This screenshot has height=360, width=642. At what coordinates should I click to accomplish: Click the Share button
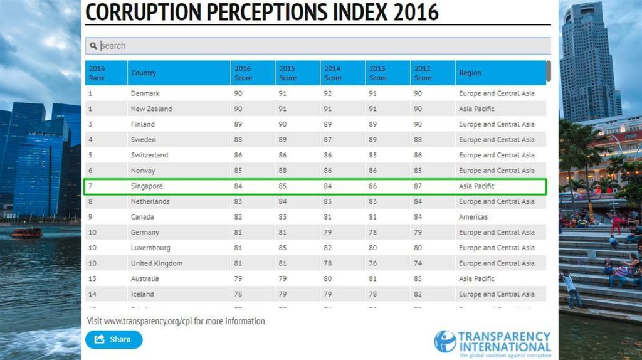[114, 339]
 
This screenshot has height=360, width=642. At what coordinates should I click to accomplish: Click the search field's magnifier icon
[93, 46]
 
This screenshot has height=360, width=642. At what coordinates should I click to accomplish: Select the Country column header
[144, 73]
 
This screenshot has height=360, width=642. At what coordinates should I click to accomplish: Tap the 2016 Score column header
[243, 73]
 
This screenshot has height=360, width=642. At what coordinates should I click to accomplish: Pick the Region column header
[470, 73]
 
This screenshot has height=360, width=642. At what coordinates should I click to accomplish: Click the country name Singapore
[147, 186]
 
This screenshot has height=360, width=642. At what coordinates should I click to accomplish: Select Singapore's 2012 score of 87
[418, 186]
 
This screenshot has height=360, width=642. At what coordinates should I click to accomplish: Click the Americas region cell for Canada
[473, 217]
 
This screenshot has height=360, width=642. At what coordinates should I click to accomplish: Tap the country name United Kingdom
[157, 263]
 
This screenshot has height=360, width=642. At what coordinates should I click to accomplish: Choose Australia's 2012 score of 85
[418, 278]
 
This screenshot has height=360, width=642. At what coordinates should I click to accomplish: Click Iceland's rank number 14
[92, 294]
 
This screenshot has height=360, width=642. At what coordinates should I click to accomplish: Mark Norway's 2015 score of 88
[283, 171]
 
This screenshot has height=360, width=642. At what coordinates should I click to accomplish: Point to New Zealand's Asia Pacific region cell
[476, 109]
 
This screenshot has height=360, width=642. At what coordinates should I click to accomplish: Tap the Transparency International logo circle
[445, 341]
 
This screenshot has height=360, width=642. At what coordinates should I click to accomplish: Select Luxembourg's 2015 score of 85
[283, 248]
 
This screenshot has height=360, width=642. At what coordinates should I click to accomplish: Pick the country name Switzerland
[149, 155]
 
